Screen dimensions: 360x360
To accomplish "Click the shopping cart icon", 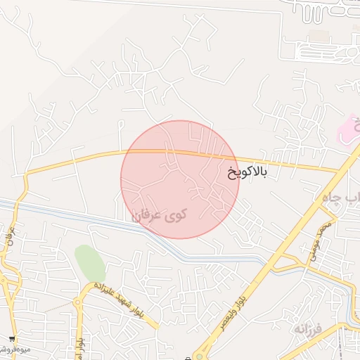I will click(11, 339).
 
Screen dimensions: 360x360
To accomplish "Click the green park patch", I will click(89, 262).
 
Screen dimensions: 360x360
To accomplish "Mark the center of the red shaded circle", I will click(180, 179).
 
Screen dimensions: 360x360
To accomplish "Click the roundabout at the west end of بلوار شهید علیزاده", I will click(77, 302).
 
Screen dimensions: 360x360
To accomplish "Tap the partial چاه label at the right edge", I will click(352, 199).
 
